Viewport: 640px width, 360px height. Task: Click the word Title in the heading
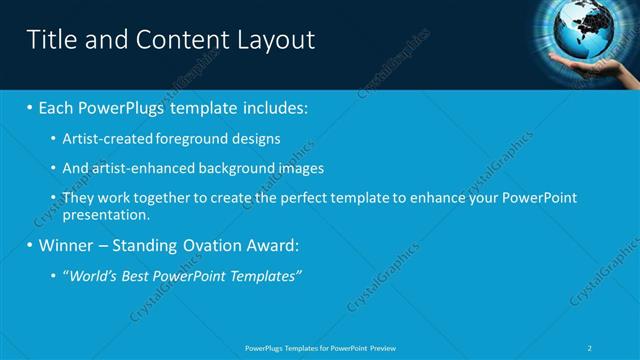point(50,40)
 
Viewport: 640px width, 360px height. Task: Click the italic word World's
point(92,275)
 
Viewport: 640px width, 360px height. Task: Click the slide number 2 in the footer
point(592,347)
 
